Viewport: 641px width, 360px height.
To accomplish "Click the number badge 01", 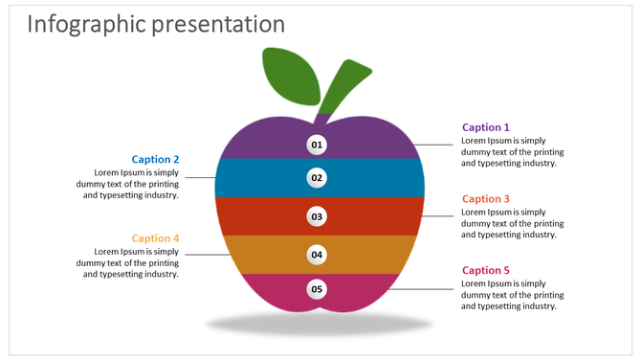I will [318, 146].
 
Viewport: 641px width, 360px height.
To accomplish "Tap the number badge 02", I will [318, 177].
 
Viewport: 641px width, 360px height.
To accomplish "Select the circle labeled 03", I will [318, 216].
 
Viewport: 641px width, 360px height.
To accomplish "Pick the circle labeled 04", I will [318, 255].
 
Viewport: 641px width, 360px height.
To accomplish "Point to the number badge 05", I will [318, 288].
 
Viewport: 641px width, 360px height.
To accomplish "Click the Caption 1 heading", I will [486, 127].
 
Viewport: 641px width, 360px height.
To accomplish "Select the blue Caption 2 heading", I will [155, 159].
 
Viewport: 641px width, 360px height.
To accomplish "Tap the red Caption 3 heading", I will [486, 199].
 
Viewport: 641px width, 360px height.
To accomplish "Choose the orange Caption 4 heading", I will [155, 238].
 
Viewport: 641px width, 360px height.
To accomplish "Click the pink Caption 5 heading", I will [486, 271].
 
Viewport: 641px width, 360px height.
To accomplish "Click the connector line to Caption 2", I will [200, 177].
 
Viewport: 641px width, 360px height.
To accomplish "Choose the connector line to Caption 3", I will [440, 216].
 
